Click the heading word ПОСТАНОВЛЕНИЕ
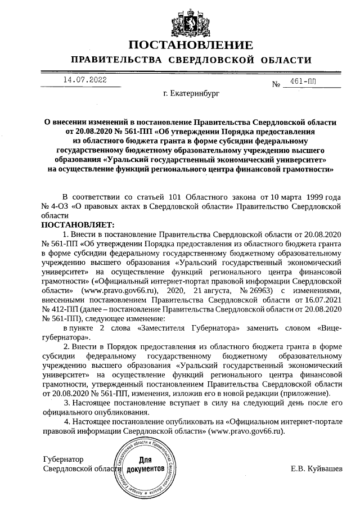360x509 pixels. (x=190, y=45)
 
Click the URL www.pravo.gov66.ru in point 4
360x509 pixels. (x=246, y=431)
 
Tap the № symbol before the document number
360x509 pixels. (x=276, y=85)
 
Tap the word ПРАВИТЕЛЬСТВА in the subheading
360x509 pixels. (x=117, y=60)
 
